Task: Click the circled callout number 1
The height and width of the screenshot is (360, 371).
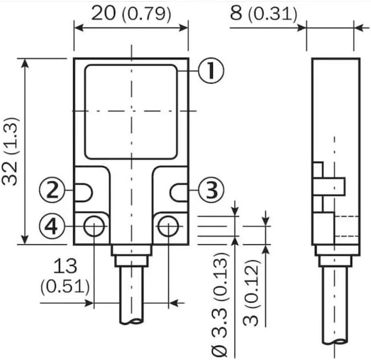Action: pos(211,71)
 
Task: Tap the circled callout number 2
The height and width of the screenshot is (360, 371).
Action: pos(52,190)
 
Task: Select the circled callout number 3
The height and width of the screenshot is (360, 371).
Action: pos(211,190)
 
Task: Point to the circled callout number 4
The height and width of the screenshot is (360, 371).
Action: pos(52,226)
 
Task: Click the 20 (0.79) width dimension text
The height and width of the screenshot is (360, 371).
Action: pos(131,14)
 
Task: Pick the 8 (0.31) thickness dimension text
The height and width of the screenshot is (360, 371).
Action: pos(263,14)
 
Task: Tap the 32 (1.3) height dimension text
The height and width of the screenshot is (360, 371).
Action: pos(10,151)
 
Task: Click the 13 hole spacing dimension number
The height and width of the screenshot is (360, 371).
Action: pos(65,266)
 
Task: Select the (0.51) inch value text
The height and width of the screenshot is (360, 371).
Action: pos(65,287)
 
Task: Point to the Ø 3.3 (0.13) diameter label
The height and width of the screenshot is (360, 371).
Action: pos(219,304)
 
